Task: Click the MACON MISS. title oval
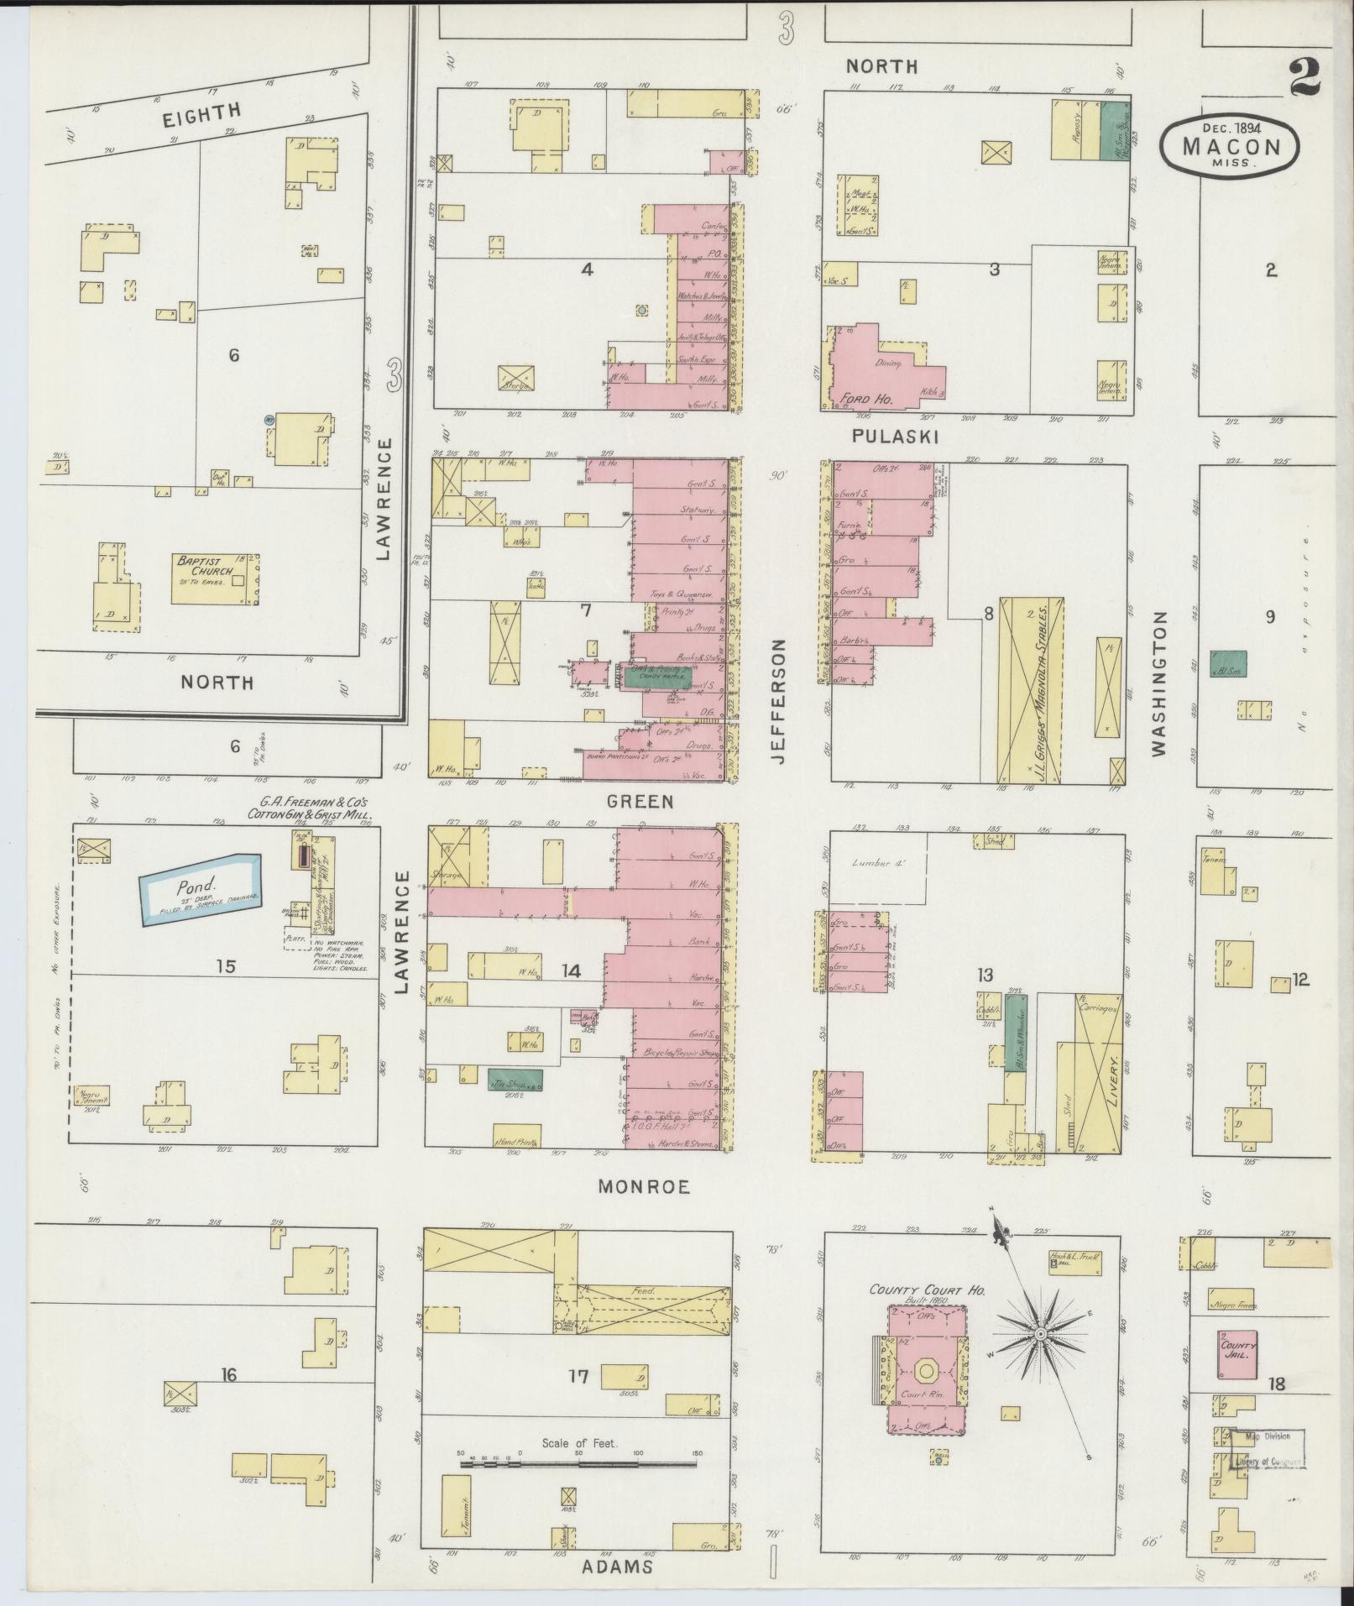click(1231, 146)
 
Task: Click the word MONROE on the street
click(644, 1186)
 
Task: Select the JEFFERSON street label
click(780, 701)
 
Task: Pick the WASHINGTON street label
click(1159, 683)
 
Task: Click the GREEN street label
click(641, 802)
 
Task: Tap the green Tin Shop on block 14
click(515, 1080)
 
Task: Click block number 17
click(578, 1376)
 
